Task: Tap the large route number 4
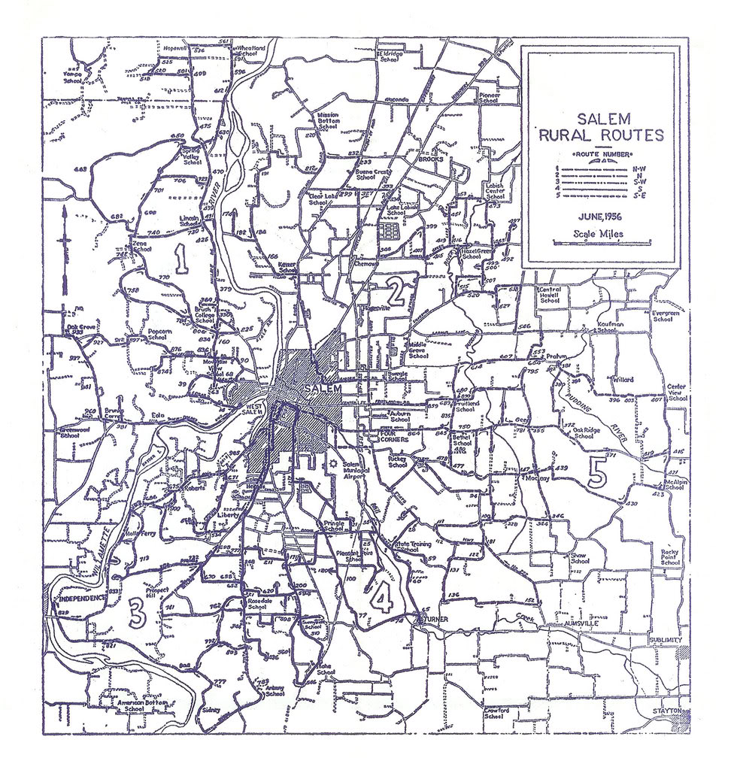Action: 381,598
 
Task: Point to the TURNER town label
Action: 435,618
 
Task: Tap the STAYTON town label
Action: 667,710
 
